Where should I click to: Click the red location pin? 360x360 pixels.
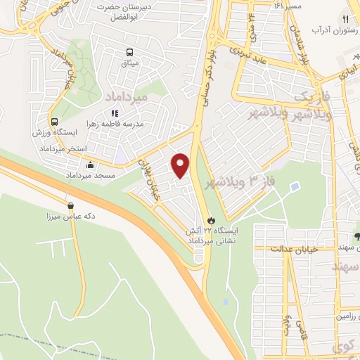181,165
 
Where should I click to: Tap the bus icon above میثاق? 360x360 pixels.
129,52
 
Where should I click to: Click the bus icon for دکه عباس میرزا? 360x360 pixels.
70,206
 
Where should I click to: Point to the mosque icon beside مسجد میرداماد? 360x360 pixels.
89,165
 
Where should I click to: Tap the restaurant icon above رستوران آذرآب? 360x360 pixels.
345,19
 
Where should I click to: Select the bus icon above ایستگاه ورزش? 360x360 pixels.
54,120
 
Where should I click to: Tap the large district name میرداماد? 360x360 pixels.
126,95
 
